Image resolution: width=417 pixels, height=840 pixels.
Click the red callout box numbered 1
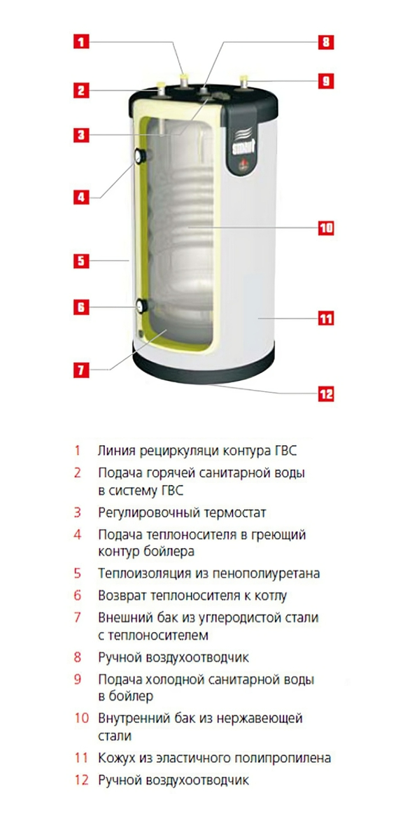(x=81, y=41)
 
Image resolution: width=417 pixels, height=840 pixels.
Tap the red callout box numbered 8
(x=325, y=41)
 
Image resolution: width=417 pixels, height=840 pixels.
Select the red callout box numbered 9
(x=325, y=81)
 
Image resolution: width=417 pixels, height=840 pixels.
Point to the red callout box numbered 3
(x=81, y=135)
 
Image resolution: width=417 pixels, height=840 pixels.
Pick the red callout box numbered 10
(x=325, y=227)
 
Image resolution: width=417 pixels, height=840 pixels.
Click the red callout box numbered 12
(x=325, y=394)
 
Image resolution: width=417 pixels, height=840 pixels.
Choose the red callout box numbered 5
(x=81, y=261)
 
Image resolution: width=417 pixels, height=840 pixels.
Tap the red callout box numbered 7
(x=81, y=370)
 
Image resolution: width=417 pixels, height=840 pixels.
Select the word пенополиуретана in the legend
(x=267, y=573)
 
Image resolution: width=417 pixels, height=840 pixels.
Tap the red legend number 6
(x=78, y=595)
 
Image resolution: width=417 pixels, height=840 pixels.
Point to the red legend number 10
(x=81, y=718)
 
